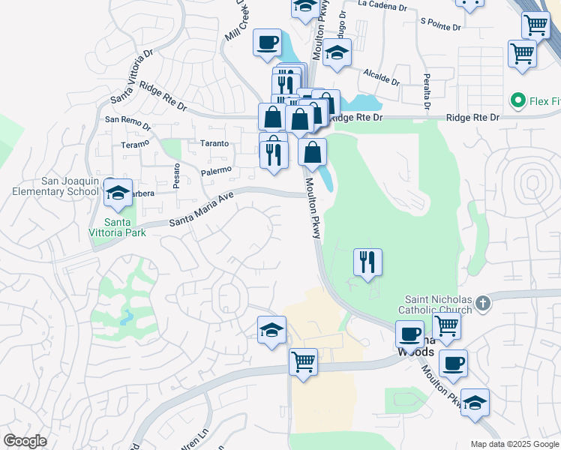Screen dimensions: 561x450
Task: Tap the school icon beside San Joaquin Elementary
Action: tap(118, 193)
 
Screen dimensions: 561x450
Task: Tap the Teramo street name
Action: tap(136, 143)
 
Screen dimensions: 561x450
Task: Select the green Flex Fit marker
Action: tap(517, 100)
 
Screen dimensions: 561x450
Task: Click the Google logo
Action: tap(25, 441)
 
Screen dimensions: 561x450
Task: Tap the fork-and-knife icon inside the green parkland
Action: tap(367, 262)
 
